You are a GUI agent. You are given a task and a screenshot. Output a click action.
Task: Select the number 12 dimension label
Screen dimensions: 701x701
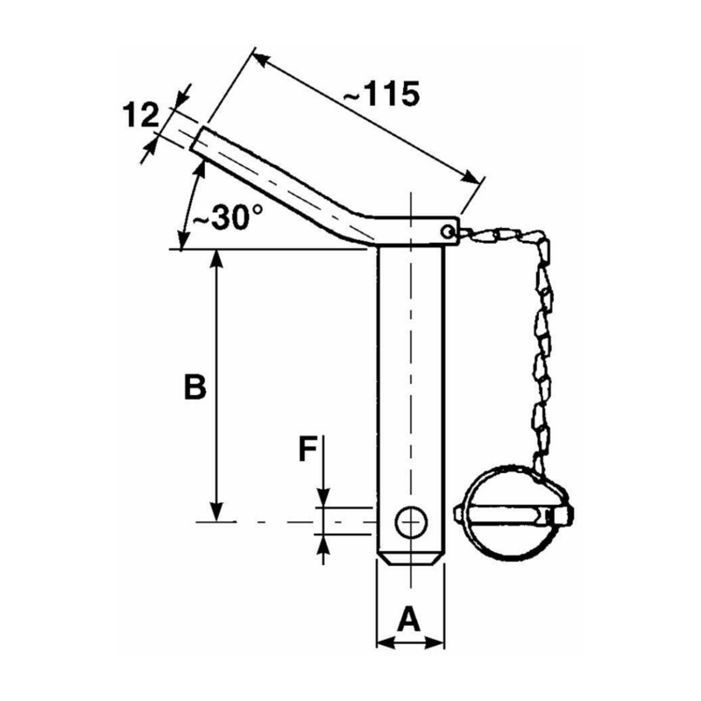[x=139, y=114]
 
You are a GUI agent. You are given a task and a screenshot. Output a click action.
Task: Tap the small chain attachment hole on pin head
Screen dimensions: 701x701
[x=448, y=231]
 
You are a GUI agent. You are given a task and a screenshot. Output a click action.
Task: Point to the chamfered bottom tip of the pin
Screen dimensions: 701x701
[x=410, y=559]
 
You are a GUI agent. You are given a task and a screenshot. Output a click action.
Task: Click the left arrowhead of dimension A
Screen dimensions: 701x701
[x=382, y=644]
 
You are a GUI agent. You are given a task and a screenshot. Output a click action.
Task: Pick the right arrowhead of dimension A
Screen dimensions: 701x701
[x=438, y=644]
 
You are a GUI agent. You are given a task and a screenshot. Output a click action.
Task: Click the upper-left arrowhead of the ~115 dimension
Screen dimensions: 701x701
[x=258, y=58]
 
